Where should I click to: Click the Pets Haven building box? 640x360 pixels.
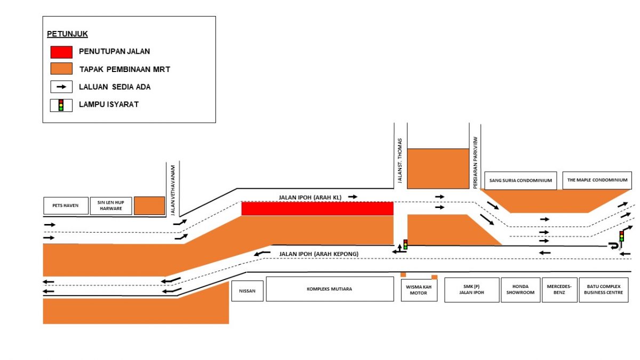66,206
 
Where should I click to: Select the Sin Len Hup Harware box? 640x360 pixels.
110,206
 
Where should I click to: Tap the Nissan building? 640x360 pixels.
247,290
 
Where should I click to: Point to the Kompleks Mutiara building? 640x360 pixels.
330,289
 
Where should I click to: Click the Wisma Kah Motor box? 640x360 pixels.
419,290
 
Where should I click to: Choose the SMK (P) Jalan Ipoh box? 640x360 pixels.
471,290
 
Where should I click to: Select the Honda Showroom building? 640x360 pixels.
520,290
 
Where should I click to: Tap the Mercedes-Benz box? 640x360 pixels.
559,290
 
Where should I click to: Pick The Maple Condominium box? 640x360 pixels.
597,180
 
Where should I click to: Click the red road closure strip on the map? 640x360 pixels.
317,209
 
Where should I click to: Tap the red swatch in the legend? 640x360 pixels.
61,52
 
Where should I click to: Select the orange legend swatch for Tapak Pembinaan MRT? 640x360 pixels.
61,69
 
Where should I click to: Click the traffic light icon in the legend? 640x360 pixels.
61,105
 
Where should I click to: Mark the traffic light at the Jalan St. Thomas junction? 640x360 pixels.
405,245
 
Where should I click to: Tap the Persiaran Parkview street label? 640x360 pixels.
475,162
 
